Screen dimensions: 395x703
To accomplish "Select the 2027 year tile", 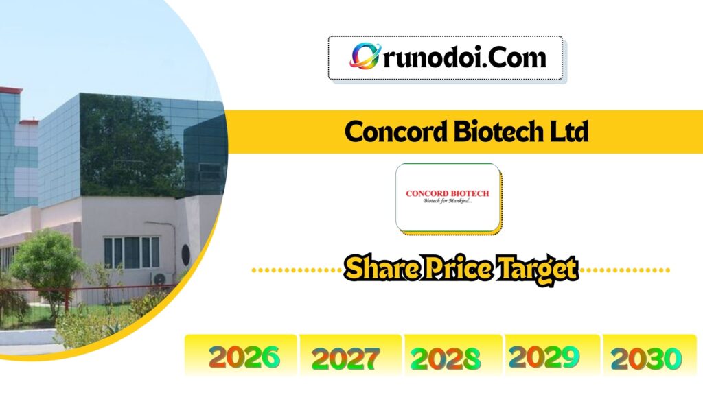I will (x=345, y=357).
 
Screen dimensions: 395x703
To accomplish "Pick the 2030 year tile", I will (x=646, y=357).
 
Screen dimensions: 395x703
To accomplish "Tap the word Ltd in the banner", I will (x=569, y=132).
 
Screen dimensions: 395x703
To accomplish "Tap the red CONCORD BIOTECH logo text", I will (x=448, y=193).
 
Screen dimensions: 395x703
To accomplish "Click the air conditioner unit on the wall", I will (x=161, y=278).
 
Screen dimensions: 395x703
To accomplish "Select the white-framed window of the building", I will (x=132, y=252).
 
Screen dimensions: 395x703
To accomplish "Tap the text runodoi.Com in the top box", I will (x=463, y=57).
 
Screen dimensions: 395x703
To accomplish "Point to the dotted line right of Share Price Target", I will (x=625, y=270).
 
